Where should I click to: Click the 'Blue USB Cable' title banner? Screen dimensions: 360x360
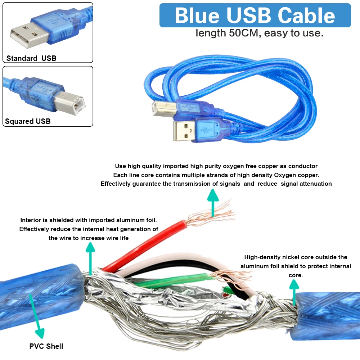[255, 15]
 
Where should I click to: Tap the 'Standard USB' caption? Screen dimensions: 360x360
[31, 58]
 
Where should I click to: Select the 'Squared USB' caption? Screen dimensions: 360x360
[28, 121]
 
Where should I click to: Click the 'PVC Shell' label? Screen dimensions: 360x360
[46, 346]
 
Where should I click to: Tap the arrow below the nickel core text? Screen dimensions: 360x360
[294, 291]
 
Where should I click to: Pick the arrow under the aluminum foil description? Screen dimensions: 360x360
[90, 257]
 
